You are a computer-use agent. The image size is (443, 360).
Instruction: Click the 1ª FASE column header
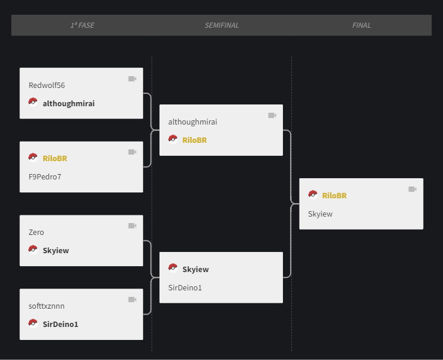[x=82, y=25]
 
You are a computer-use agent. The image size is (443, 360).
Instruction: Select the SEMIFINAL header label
[x=221, y=25]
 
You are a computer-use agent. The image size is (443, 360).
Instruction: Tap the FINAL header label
[x=361, y=25]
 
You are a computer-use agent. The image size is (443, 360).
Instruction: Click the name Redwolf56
[x=47, y=85]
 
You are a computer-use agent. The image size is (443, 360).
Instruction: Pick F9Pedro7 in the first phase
[x=45, y=176]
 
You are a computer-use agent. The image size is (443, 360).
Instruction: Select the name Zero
[x=36, y=233]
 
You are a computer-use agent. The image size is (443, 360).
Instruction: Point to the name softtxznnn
[x=46, y=306]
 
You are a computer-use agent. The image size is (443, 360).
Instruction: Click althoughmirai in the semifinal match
[x=193, y=122]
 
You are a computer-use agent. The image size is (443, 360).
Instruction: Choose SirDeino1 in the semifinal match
[x=185, y=288]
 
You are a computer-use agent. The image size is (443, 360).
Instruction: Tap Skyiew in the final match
[x=320, y=214]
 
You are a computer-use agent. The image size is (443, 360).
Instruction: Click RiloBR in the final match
[x=334, y=196]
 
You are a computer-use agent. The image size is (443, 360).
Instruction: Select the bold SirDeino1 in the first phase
[x=60, y=324]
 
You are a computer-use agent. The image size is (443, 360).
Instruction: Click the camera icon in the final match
[x=412, y=189]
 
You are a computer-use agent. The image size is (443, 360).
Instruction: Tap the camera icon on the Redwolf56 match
[x=132, y=78]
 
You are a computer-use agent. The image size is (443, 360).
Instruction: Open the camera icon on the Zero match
[x=132, y=226]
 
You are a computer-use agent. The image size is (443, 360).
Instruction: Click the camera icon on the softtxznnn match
[x=132, y=300]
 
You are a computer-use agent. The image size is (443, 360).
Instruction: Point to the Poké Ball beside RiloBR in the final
[x=312, y=195]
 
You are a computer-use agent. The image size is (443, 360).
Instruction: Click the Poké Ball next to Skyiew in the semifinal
[x=173, y=268]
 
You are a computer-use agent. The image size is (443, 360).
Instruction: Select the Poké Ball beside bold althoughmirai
[x=33, y=102]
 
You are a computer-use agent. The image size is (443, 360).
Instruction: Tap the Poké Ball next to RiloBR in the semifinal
[x=173, y=139]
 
